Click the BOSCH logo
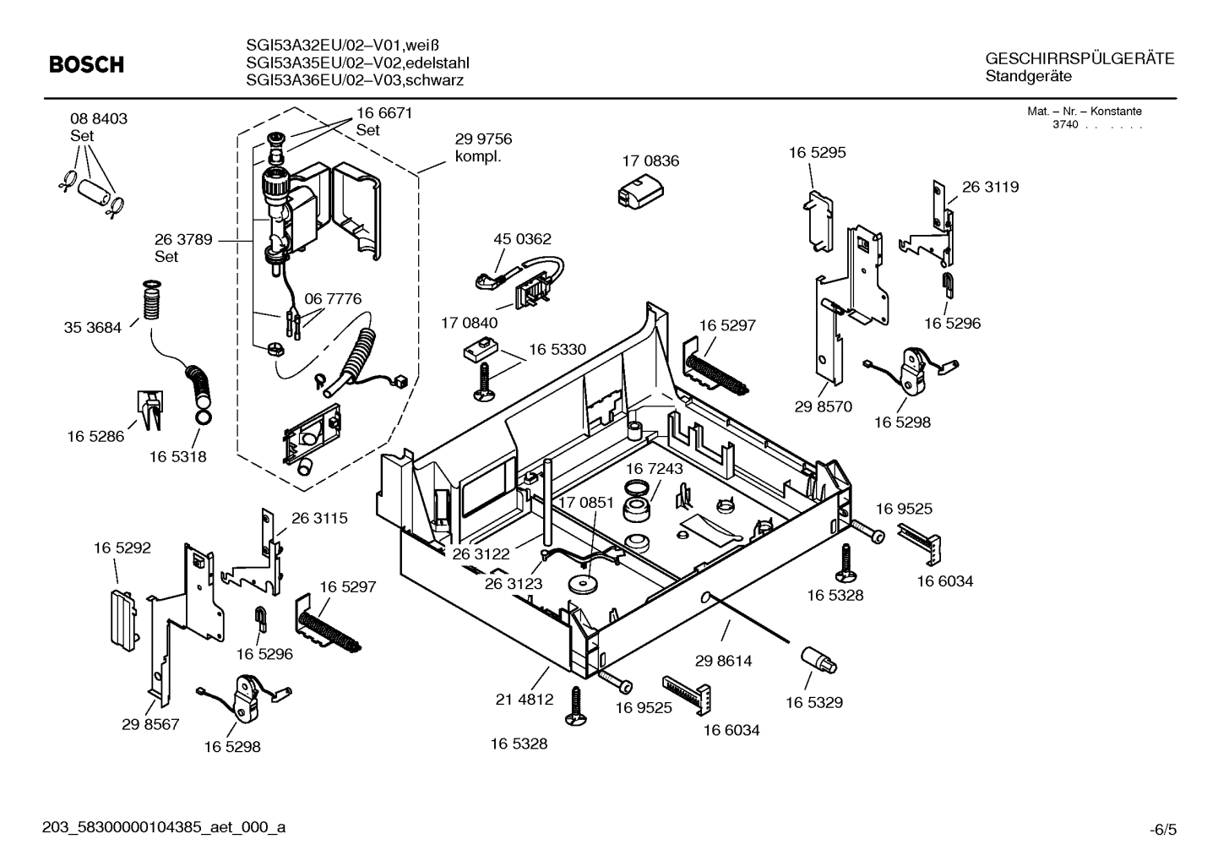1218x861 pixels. tap(86, 64)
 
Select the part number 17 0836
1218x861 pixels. tap(650, 161)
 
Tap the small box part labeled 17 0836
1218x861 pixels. tap(640, 192)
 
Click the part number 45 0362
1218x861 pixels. tap(522, 239)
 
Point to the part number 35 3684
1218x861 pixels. tap(92, 327)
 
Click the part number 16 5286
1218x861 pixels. tap(95, 436)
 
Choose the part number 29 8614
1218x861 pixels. tap(723, 660)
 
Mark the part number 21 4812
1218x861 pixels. tap(524, 699)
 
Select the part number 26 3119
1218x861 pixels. tap(990, 187)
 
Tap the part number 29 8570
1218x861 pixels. tap(823, 406)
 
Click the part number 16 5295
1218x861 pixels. tap(817, 152)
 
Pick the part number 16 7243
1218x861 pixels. tap(655, 468)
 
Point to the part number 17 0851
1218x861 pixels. tap(585, 502)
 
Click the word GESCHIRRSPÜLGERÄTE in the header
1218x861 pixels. tap(1079, 58)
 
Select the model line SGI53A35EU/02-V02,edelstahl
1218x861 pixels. tap(357, 63)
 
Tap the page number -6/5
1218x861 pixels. tap(1162, 830)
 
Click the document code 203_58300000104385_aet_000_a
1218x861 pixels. tap(164, 827)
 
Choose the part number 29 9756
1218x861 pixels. tap(483, 139)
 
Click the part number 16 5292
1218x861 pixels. tap(122, 548)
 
